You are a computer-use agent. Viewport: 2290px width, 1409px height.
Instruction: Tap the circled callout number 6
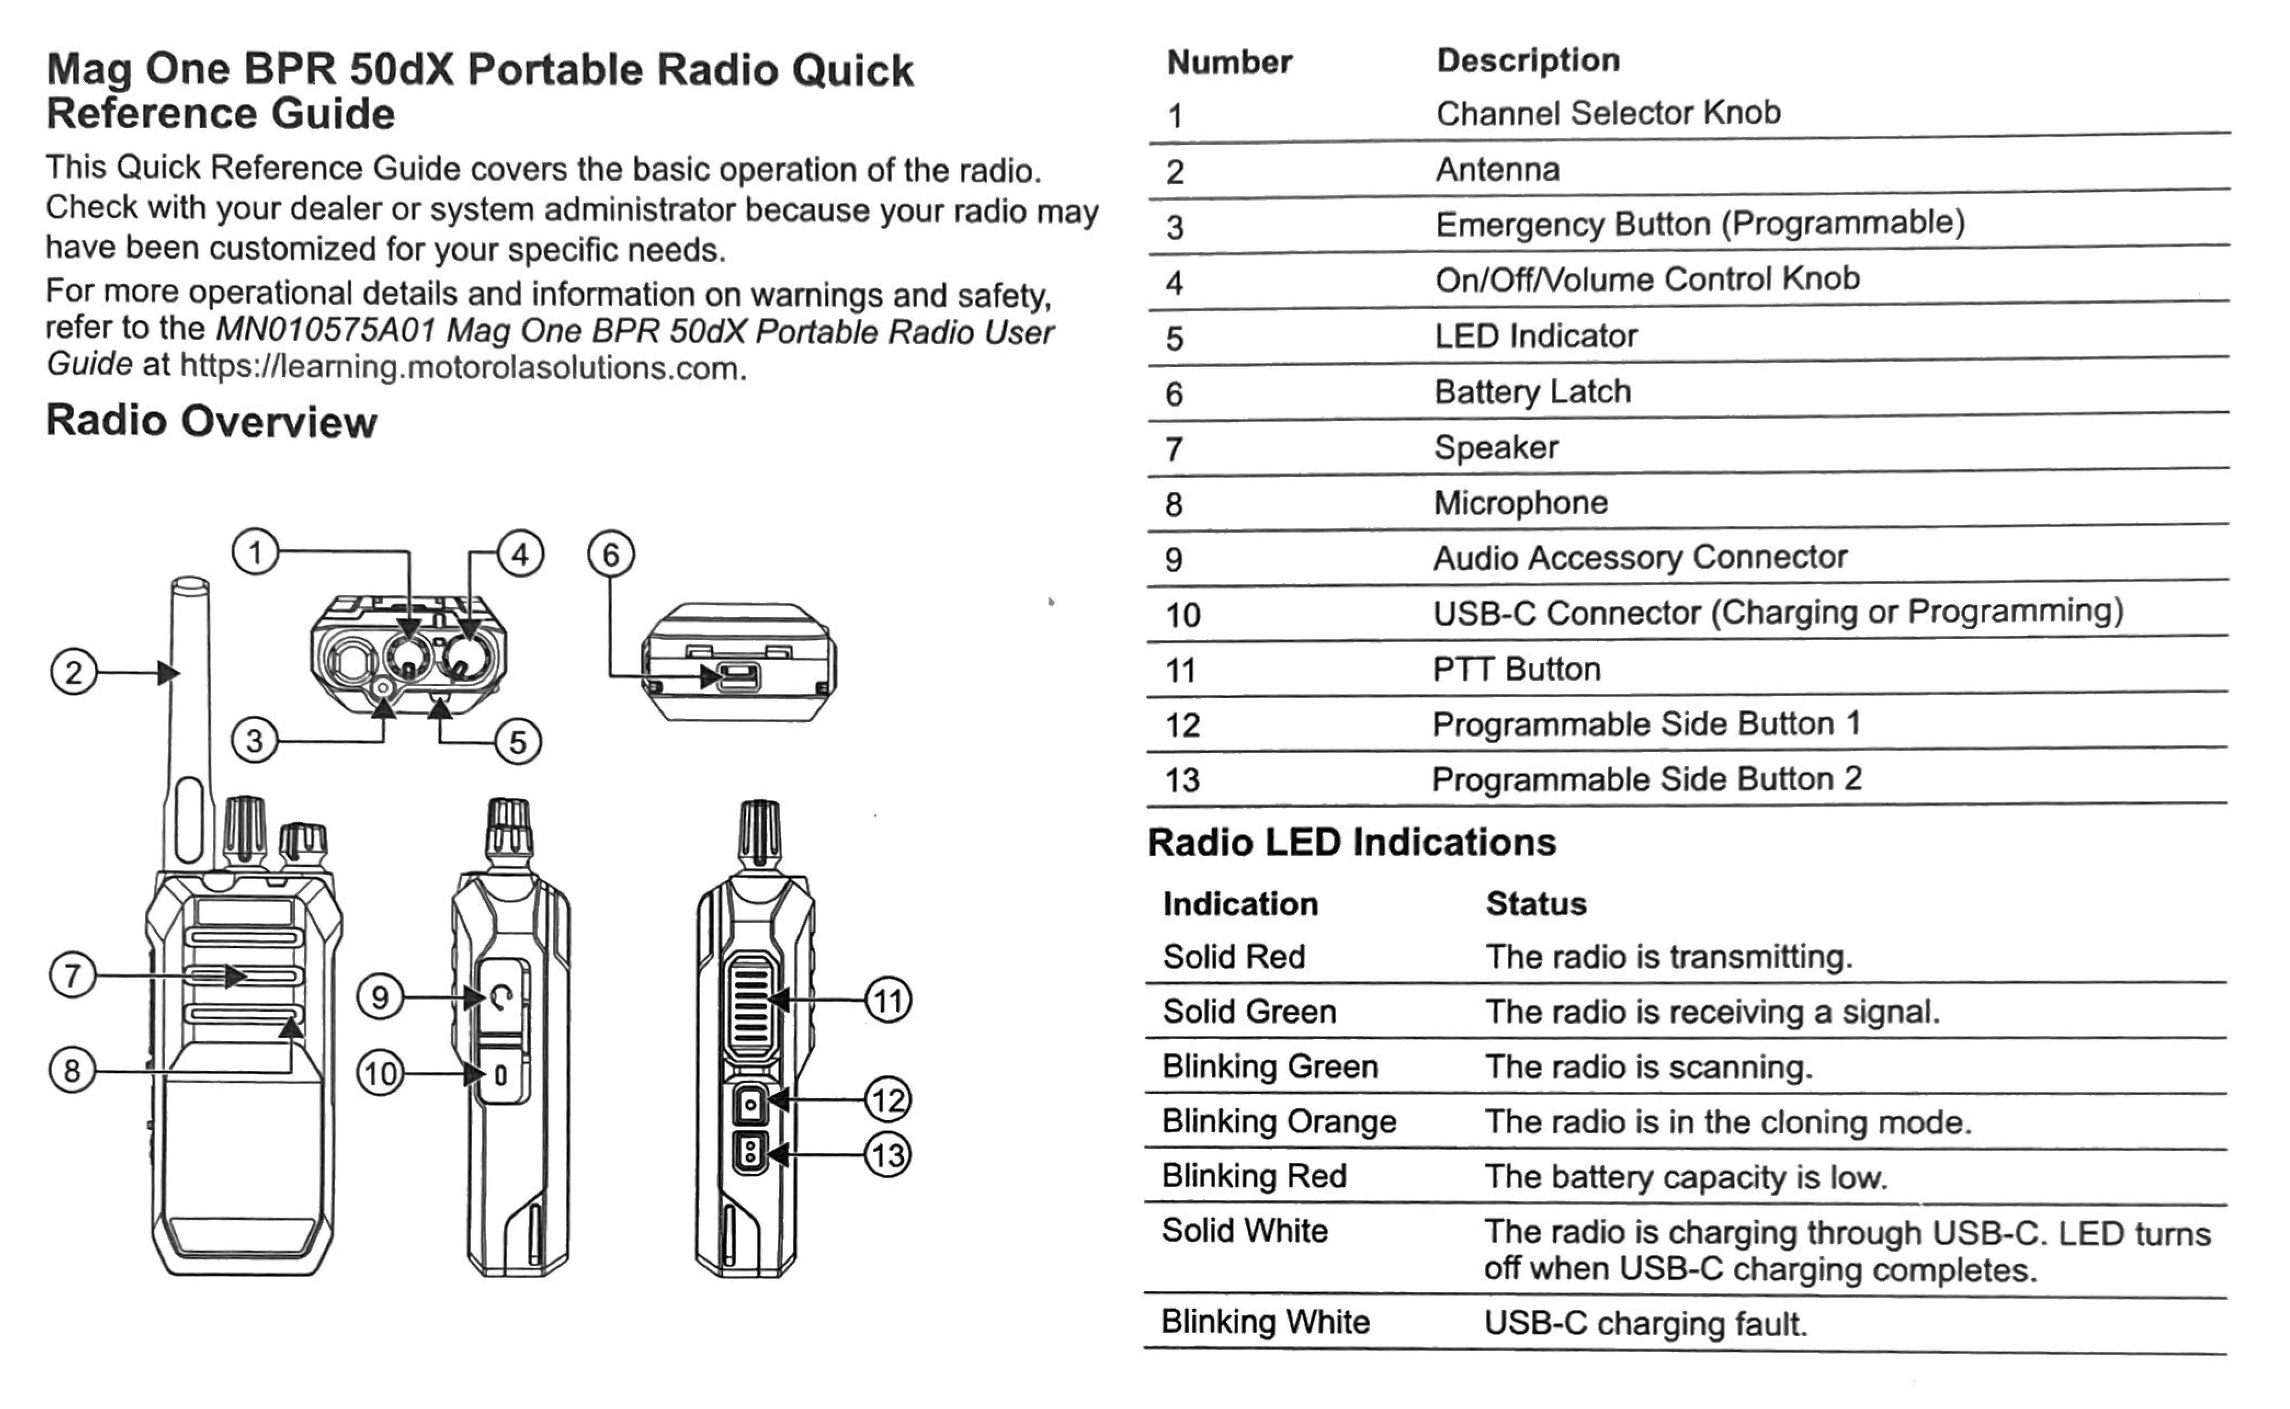click(x=611, y=555)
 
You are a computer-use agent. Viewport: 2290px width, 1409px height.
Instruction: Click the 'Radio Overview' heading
click(x=211, y=421)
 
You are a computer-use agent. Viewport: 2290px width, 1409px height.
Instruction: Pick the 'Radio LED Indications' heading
click(x=1352, y=843)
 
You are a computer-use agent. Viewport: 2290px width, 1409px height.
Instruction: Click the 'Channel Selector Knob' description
click(x=1608, y=113)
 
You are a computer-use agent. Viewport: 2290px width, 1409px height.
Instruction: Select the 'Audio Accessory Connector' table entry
click(x=1640, y=557)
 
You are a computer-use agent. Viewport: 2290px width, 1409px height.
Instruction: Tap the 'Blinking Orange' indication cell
click(x=1279, y=1121)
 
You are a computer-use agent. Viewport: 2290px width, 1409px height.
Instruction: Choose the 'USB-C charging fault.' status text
click(x=1645, y=1323)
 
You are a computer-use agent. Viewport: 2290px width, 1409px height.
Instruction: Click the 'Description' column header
click(x=1528, y=60)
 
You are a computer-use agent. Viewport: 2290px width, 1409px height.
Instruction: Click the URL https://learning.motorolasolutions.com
click(x=461, y=367)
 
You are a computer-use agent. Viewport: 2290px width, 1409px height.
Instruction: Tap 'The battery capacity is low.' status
click(x=1685, y=1177)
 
